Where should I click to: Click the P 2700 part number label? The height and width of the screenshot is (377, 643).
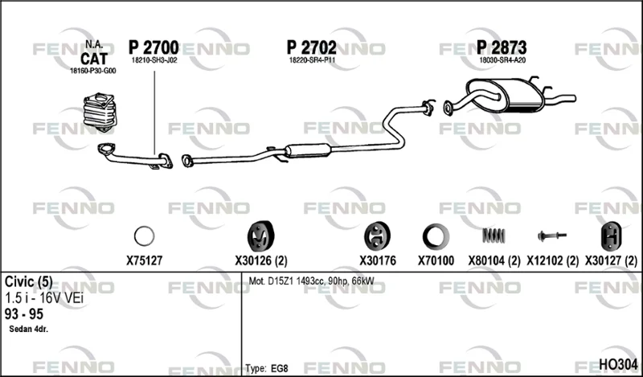(x=154, y=47)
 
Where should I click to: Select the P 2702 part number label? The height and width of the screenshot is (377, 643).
(x=311, y=47)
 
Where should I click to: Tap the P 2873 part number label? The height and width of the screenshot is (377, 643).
(x=501, y=47)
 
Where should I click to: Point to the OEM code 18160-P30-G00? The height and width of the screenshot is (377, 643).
(x=92, y=71)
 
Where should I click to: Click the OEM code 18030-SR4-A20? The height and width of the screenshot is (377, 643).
(x=502, y=60)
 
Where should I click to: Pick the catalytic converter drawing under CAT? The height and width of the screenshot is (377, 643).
(x=100, y=112)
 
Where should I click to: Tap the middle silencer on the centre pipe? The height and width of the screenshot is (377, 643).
(x=308, y=150)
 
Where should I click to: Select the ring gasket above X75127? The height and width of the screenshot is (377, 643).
(x=145, y=236)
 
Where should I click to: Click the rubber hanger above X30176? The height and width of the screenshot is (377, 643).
(x=377, y=236)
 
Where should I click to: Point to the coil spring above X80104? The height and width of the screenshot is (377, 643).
(x=494, y=236)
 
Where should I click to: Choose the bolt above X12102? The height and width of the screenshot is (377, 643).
(x=552, y=236)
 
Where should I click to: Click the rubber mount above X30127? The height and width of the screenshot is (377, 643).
(x=611, y=236)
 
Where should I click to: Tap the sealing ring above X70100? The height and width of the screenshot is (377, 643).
(x=436, y=236)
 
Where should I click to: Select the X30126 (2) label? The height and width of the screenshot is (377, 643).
(x=260, y=260)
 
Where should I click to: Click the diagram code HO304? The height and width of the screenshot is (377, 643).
(x=618, y=364)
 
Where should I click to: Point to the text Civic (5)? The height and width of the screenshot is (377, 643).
(x=29, y=282)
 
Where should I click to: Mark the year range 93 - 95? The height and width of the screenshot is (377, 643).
(x=24, y=314)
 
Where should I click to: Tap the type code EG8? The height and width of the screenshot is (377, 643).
(x=279, y=368)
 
